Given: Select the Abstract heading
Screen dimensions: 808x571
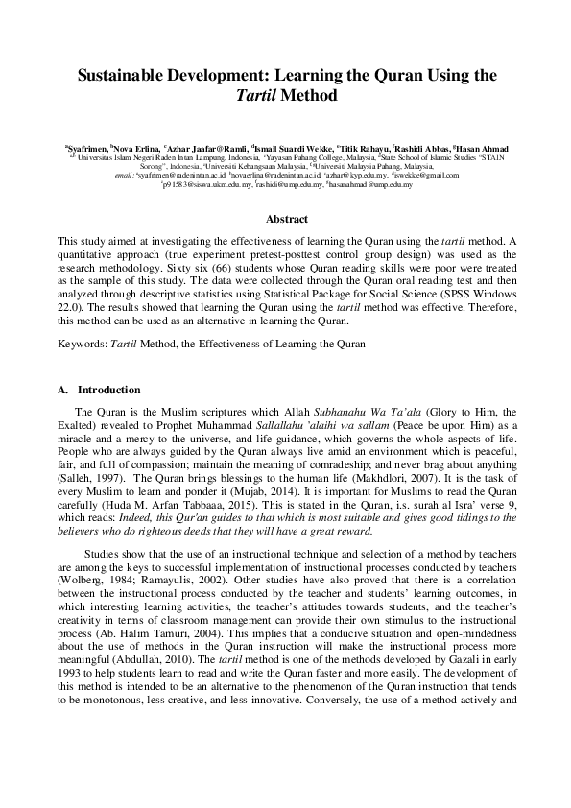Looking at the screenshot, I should [x=285, y=220].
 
